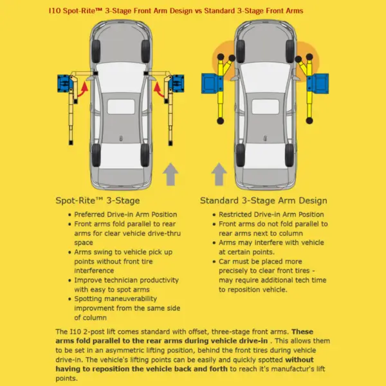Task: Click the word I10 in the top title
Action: coord(55,11)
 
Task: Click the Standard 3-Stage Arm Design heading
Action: coord(263,201)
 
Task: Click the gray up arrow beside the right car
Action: coord(219,174)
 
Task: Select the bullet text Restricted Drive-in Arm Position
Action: coord(271,214)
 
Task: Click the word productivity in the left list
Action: coord(157,280)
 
